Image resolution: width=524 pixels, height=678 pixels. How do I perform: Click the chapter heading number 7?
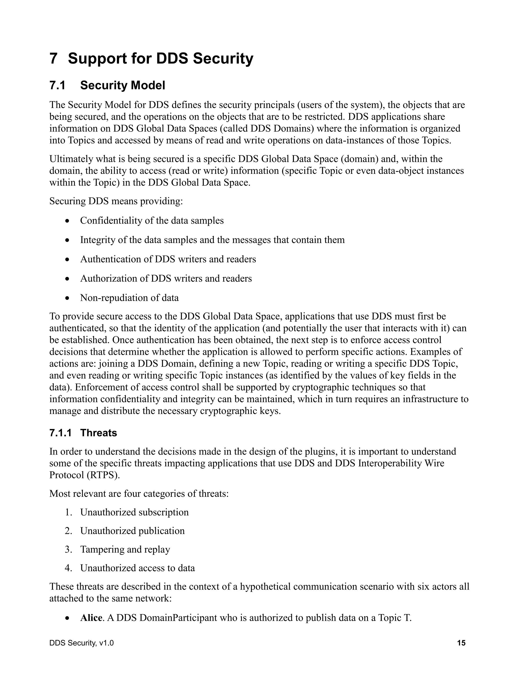pos(53,59)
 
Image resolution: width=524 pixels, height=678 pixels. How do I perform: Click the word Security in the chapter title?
pos(223,59)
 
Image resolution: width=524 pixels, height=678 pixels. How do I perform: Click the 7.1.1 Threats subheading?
pos(83,433)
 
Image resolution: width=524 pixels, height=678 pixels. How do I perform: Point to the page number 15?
pos(461,643)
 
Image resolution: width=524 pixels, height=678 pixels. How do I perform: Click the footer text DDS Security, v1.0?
pos(81,643)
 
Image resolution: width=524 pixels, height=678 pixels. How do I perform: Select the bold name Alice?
pos(91,618)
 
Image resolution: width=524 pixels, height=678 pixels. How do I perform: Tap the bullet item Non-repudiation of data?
pos(129,298)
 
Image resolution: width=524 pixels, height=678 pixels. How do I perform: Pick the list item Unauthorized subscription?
pos(134,512)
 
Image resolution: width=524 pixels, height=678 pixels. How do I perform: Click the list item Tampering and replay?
pos(125,550)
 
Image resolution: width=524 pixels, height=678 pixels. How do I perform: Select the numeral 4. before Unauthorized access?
pos(68,568)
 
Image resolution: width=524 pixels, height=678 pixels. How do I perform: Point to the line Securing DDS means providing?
pos(116,201)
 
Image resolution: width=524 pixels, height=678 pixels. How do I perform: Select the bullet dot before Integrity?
pos(67,240)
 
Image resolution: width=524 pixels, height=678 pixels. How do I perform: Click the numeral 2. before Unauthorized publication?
pos(68,531)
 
